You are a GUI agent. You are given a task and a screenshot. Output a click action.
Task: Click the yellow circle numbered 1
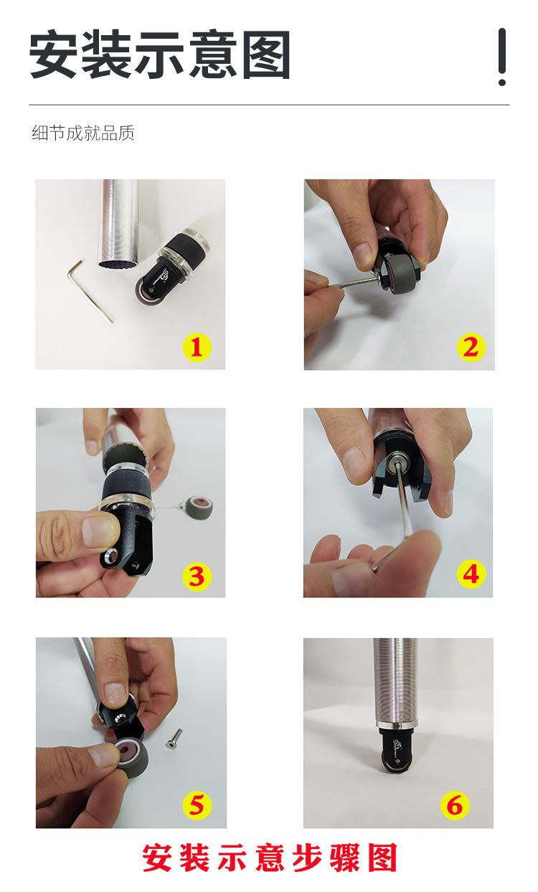[197, 347]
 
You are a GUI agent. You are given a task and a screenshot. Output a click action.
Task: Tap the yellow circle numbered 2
[471, 347]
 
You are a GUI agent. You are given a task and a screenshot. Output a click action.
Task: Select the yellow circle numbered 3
[197, 576]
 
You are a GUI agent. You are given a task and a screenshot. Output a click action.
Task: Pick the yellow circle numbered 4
[471, 574]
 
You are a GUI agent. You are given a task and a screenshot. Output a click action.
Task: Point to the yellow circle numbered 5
[197, 804]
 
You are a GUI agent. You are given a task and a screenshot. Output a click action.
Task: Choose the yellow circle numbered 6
[455, 804]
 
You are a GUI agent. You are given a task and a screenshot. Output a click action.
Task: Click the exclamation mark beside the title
[502, 57]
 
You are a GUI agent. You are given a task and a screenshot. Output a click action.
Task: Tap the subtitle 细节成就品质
[83, 133]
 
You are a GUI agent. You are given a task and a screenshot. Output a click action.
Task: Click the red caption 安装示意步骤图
[270, 857]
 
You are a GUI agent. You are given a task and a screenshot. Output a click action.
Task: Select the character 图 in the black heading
[266, 54]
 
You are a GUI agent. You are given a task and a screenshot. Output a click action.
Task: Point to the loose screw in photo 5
[173, 739]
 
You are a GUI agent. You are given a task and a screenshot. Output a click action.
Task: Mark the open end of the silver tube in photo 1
[119, 264]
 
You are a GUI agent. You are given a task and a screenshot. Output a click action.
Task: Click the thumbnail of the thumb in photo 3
[100, 531]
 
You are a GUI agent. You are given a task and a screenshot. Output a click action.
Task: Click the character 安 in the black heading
[53, 54]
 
